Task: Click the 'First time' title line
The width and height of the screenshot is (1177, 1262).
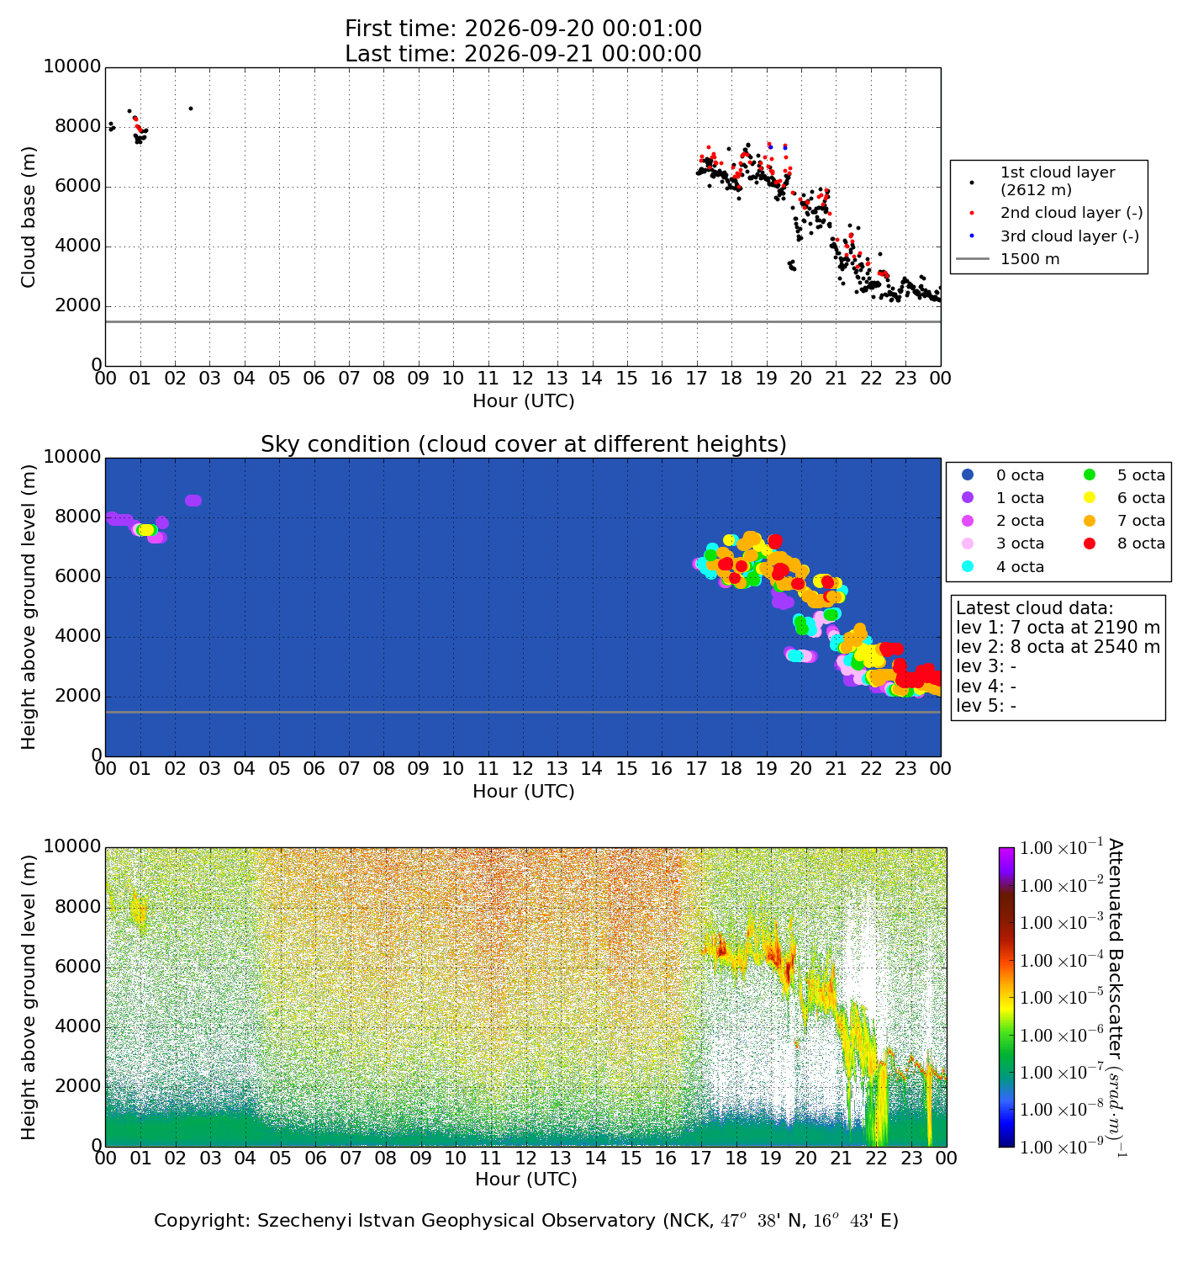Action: click(x=523, y=29)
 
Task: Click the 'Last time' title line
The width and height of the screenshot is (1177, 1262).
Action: click(x=523, y=54)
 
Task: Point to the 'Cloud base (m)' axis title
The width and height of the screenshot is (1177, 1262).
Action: click(x=28, y=217)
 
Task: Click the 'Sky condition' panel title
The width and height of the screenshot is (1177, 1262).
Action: click(x=524, y=443)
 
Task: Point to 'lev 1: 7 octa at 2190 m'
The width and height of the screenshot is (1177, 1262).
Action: click(x=1058, y=627)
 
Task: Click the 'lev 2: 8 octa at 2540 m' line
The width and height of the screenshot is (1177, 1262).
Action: click(x=1058, y=647)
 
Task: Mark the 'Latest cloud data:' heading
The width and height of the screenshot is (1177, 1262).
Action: click(x=1034, y=608)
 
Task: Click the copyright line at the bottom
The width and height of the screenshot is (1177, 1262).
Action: click(x=526, y=1220)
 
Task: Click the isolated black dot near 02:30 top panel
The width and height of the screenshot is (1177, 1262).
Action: click(x=191, y=109)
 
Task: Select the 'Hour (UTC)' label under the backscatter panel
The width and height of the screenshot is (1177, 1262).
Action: click(x=526, y=1179)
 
